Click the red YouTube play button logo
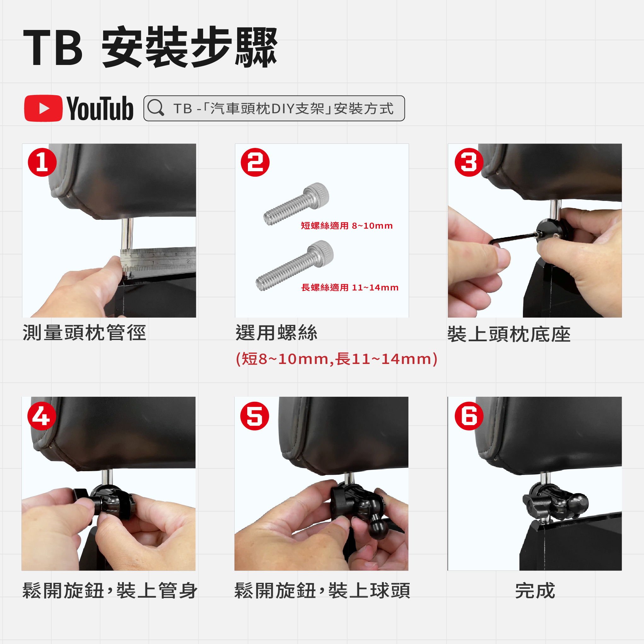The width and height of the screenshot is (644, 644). (43, 108)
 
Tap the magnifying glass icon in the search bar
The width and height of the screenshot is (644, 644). (156, 108)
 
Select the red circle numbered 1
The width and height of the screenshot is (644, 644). (42, 162)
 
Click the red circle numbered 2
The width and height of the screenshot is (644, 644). (255, 162)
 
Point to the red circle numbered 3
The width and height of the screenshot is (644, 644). (469, 162)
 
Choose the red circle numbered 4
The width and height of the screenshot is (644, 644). (42, 416)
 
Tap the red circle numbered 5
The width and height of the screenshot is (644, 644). (255, 416)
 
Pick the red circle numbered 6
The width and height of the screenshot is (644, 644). (469, 416)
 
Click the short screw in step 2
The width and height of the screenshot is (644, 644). (296, 204)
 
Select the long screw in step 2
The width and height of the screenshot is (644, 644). (294, 266)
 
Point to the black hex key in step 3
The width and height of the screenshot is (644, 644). (513, 238)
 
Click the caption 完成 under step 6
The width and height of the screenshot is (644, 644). (535, 591)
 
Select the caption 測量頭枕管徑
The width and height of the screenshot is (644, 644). (84, 333)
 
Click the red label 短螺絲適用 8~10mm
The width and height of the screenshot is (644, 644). (347, 226)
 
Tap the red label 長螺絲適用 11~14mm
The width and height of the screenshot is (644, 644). (350, 287)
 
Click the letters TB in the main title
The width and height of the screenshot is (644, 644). (53, 47)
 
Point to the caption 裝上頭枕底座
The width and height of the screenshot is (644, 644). (509, 334)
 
